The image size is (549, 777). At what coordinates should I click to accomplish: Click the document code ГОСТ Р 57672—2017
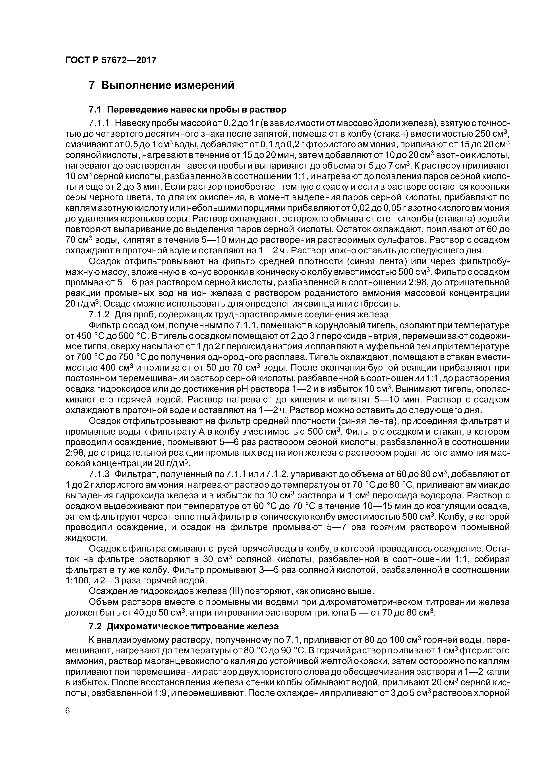(x=111, y=60)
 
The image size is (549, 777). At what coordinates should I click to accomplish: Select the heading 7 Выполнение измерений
(x=161, y=85)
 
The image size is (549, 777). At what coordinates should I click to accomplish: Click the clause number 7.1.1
(x=99, y=123)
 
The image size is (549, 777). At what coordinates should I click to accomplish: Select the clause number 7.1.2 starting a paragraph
(x=99, y=314)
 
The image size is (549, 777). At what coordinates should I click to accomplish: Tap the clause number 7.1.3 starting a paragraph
(x=99, y=474)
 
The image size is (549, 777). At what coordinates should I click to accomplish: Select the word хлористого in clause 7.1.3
(x=113, y=485)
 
